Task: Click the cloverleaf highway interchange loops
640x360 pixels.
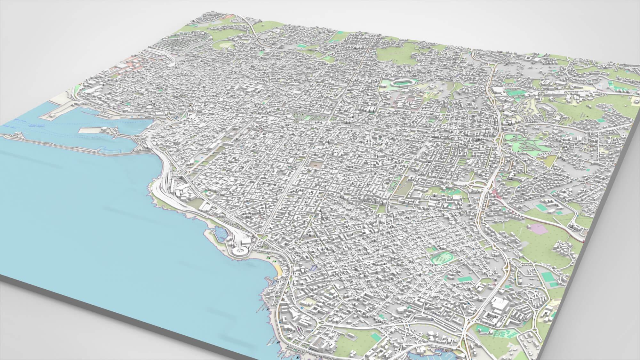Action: [479, 185]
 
